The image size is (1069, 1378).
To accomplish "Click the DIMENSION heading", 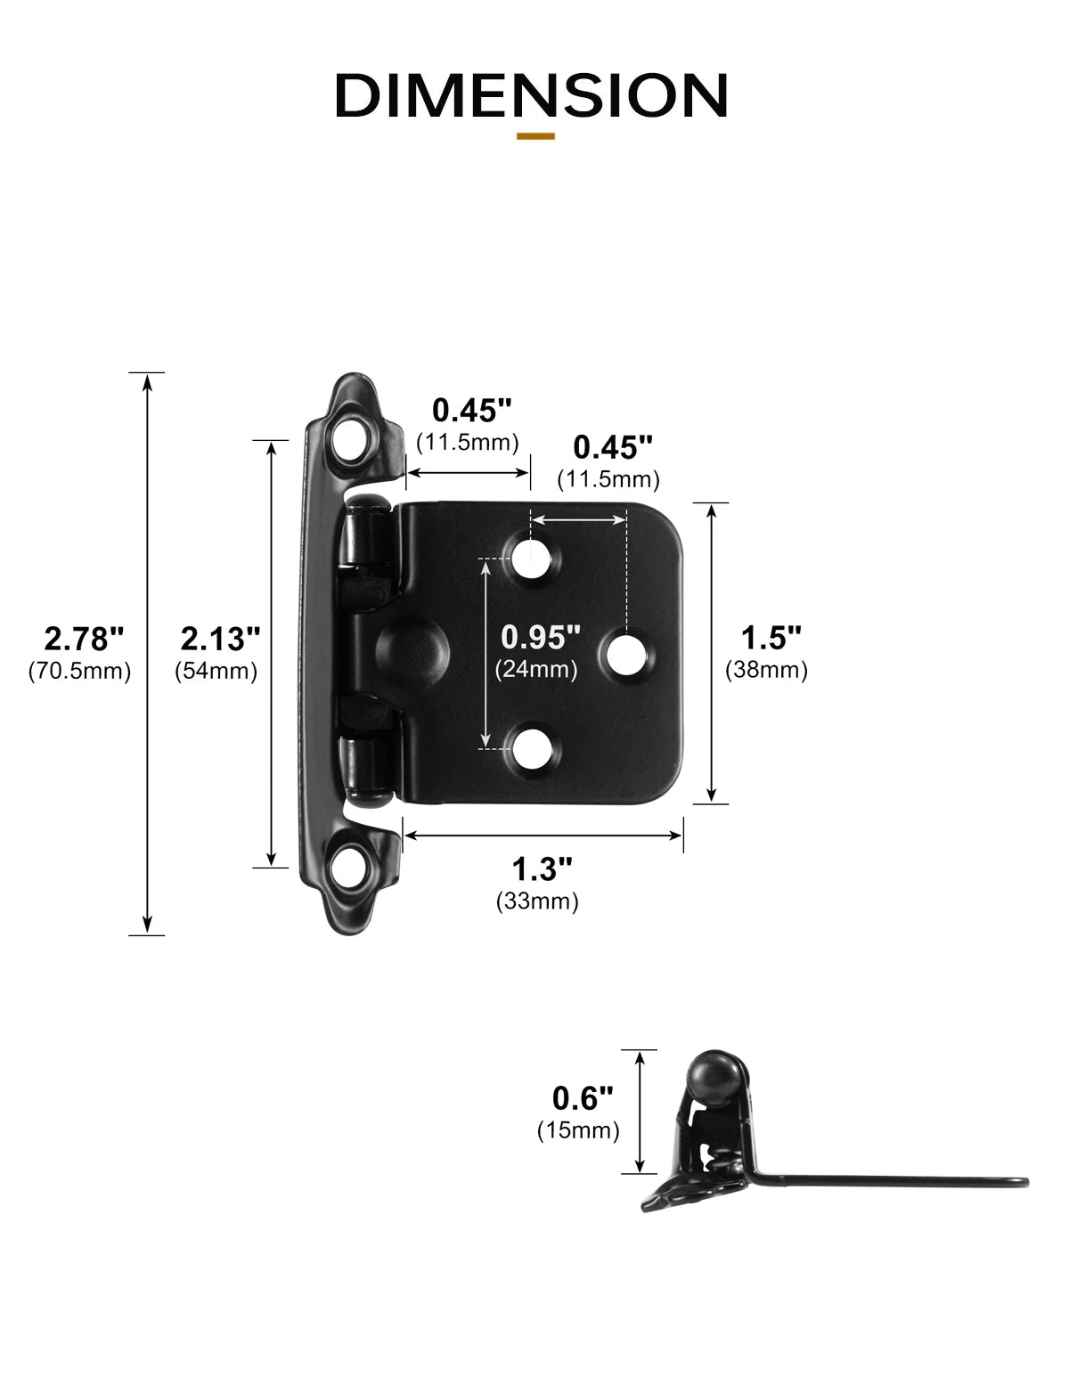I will (532, 95).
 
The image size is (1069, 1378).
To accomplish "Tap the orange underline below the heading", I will (535, 136).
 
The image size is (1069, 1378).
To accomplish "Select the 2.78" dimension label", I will (84, 638).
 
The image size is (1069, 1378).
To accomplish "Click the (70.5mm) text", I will (80, 671).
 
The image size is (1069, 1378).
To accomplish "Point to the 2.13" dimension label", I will (220, 638).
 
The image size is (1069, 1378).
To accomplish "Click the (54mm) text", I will (216, 671).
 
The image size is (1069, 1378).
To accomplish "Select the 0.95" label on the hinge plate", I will (540, 637).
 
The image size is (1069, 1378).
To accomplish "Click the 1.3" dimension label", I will (541, 868).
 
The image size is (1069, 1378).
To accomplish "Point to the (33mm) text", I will (537, 901).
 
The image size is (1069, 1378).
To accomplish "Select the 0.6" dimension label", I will (583, 1097).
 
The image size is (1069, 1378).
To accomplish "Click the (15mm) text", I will (577, 1130).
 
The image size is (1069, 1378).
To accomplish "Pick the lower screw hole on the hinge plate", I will (532, 750).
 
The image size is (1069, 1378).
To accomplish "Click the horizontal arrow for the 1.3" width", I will (543, 835).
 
